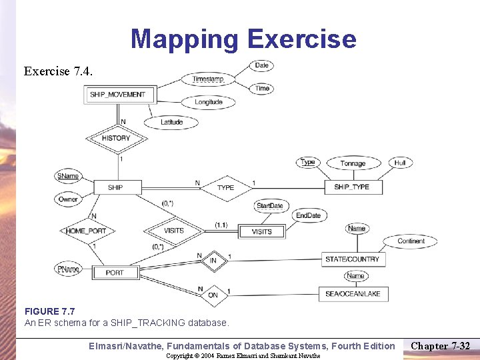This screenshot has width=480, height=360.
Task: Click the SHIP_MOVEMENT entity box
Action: (x=117, y=95)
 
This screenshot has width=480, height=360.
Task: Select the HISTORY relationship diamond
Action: (x=116, y=138)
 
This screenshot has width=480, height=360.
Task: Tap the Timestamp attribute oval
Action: (x=208, y=79)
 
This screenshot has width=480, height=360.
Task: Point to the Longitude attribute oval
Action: (x=208, y=102)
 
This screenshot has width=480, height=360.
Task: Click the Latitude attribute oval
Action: (x=171, y=122)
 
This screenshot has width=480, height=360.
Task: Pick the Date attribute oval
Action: (x=261, y=65)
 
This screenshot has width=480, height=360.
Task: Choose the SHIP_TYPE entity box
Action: (x=351, y=187)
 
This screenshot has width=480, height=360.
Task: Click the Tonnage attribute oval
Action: (x=353, y=163)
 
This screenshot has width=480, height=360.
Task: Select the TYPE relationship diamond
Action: (x=225, y=187)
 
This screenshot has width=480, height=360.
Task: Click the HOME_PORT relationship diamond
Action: (x=86, y=231)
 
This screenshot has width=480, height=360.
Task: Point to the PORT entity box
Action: (x=115, y=272)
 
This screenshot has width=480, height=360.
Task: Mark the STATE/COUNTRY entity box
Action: (x=352, y=259)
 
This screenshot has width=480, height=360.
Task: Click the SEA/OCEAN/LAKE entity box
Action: (x=352, y=294)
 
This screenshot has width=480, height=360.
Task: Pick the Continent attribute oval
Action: (x=411, y=241)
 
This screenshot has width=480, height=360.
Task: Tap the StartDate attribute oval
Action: (x=269, y=206)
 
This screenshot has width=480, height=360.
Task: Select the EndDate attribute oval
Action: (x=308, y=215)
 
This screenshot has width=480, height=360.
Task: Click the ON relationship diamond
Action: (x=213, y=294)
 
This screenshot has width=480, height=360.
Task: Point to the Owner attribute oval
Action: (x=67, y=199)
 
